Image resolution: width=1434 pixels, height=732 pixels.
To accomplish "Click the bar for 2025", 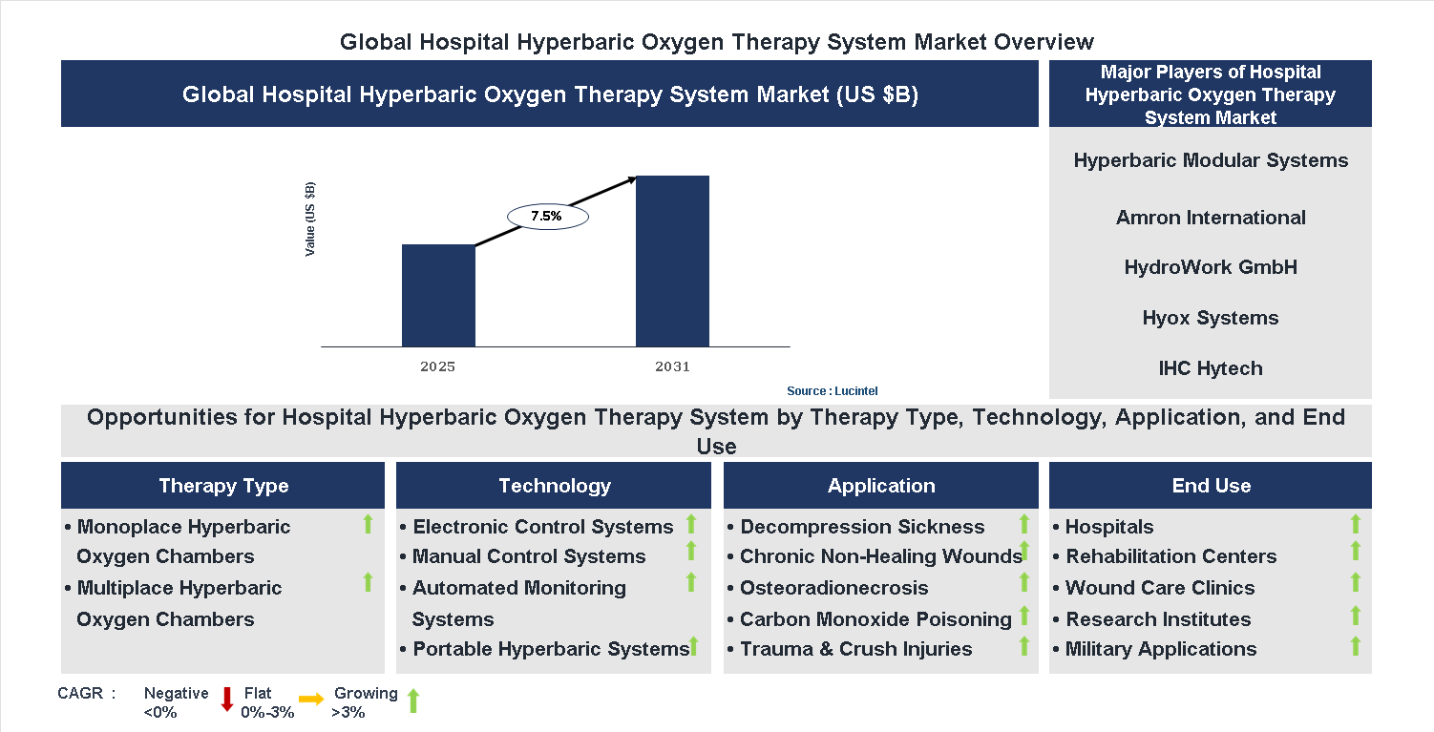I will [438, 296].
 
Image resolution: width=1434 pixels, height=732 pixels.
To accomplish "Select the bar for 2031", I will [672, 261].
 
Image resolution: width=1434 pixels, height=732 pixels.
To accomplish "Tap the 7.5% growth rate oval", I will [547, 217].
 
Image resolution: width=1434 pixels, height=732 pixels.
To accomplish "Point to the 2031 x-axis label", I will [672, 366].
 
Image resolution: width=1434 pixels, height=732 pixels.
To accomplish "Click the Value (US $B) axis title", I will [310, 220].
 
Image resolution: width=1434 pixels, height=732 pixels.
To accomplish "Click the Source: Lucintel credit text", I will [832, 391].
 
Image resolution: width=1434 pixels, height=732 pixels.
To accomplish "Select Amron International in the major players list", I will [1211, 218].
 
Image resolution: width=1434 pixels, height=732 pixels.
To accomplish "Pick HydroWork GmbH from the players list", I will [1211, 267].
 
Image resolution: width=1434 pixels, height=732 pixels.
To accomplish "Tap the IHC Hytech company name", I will [1211, 368].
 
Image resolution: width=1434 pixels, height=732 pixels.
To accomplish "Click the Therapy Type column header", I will [223, 486].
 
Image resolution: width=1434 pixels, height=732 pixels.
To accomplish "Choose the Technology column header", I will [554, 486].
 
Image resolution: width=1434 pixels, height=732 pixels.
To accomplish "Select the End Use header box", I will [1211, 486].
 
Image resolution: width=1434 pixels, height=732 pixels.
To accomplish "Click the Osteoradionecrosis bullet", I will [833, 588].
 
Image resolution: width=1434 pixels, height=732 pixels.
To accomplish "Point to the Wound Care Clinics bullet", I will [1159, 588].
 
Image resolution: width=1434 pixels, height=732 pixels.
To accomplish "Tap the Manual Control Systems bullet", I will [529, 556].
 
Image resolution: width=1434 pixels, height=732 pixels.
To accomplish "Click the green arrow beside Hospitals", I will [1355, 524].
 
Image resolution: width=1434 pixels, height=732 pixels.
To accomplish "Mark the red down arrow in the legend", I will [227, 700].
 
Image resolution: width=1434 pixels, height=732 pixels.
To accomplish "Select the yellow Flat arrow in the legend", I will [311, 700].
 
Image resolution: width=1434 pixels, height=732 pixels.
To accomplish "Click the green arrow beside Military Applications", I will [1355, 646].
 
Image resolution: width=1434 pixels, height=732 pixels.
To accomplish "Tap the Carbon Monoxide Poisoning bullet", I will [875, 619].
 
